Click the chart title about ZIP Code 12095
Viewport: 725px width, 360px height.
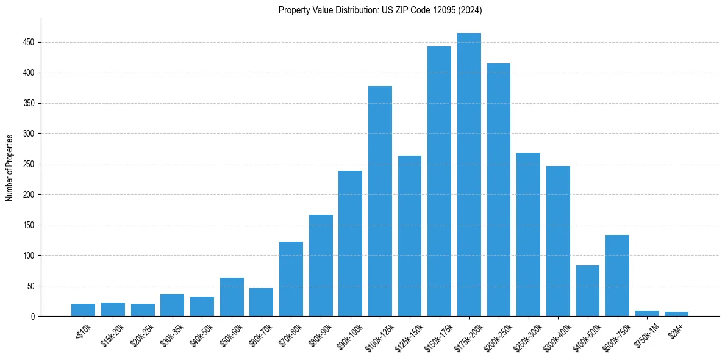[380, 10]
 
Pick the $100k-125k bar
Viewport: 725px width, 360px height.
[380, 201]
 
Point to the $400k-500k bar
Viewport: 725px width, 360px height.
[587, 291]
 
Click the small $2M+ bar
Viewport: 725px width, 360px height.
[676, 314]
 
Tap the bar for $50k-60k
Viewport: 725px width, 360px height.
[232, 297]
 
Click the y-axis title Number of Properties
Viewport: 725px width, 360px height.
[10, 167]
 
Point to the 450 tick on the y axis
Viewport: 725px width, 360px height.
[29, 42]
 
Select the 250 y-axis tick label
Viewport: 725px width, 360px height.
[29, 164]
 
